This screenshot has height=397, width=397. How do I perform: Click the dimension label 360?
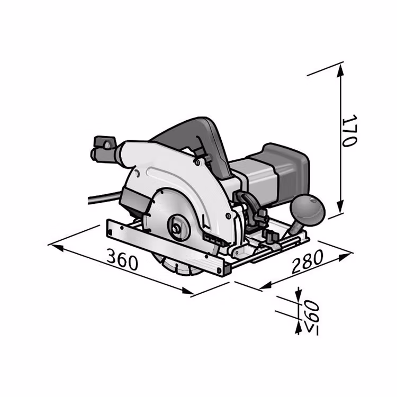(x=122, y=259)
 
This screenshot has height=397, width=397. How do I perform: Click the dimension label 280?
(x=308, y=261)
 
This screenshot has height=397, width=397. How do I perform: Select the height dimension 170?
(x=349, y=131)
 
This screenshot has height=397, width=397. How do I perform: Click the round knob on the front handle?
(x=308, y=209)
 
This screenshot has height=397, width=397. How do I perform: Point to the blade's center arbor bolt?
(x=174, y=228)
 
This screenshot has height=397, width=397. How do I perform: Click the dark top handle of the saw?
(x=193, y=142)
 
